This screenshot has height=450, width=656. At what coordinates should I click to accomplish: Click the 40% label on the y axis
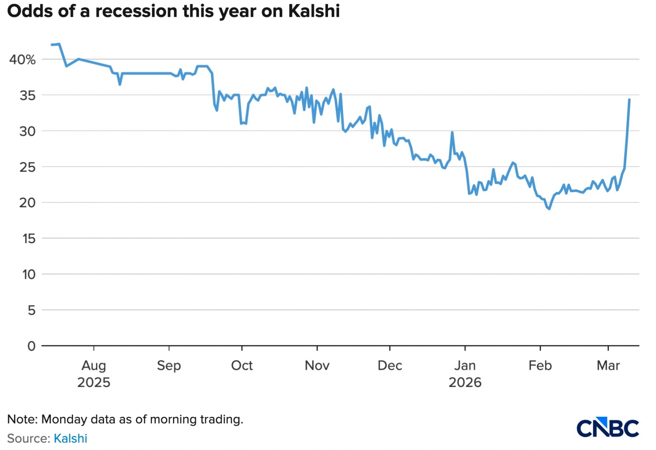click(x=23, y=60)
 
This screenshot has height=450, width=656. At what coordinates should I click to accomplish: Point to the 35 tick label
click(x=27, y=95)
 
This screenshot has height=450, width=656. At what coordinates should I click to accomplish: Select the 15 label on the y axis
click(x=29, y=238)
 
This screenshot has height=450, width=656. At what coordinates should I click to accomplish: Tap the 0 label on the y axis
click(x=31, y=346)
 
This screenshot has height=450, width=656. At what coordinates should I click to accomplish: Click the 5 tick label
click(x=32, y=310)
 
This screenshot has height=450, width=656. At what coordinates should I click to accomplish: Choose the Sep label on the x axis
click(x=169, y=365)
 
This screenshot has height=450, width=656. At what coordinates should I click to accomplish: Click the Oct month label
click(x=242, y=365)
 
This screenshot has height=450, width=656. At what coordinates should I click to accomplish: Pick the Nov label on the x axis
click(x=317, y=365)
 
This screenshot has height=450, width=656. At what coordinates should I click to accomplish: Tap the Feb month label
click(x=540, y=365)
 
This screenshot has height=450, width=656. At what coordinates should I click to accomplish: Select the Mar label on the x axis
click(x=608, y=365)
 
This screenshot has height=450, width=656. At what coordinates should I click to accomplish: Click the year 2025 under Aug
click(x=94, y=383)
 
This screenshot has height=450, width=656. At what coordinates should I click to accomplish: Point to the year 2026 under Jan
click(x=465, y=383)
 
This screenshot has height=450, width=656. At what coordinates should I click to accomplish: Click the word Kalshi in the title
click(x=314, y=11)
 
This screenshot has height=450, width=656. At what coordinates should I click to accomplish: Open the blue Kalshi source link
click(x=71, y=439)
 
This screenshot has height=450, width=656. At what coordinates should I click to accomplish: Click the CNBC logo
click(x=608, y=428)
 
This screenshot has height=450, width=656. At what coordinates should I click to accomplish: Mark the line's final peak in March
click(x=629, y=99)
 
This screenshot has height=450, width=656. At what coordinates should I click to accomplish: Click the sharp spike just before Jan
click(x=452, y=132)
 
